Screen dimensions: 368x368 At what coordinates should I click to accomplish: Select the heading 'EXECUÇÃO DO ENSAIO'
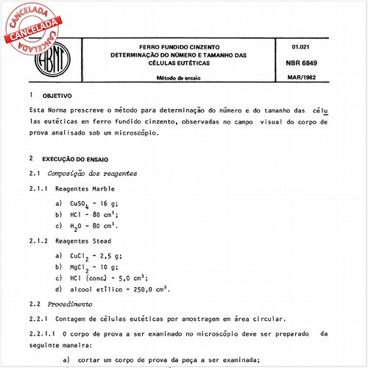point(75,158)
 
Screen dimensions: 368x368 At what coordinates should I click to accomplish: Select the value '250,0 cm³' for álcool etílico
point(150,289)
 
